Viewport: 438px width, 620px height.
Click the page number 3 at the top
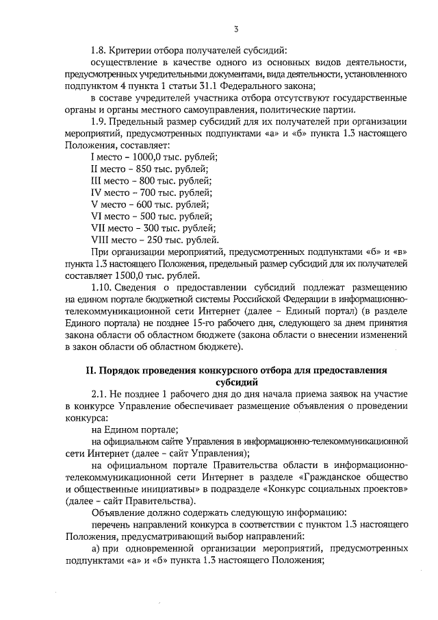(235, 29)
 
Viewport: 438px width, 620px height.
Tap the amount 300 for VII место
(150, 227)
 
